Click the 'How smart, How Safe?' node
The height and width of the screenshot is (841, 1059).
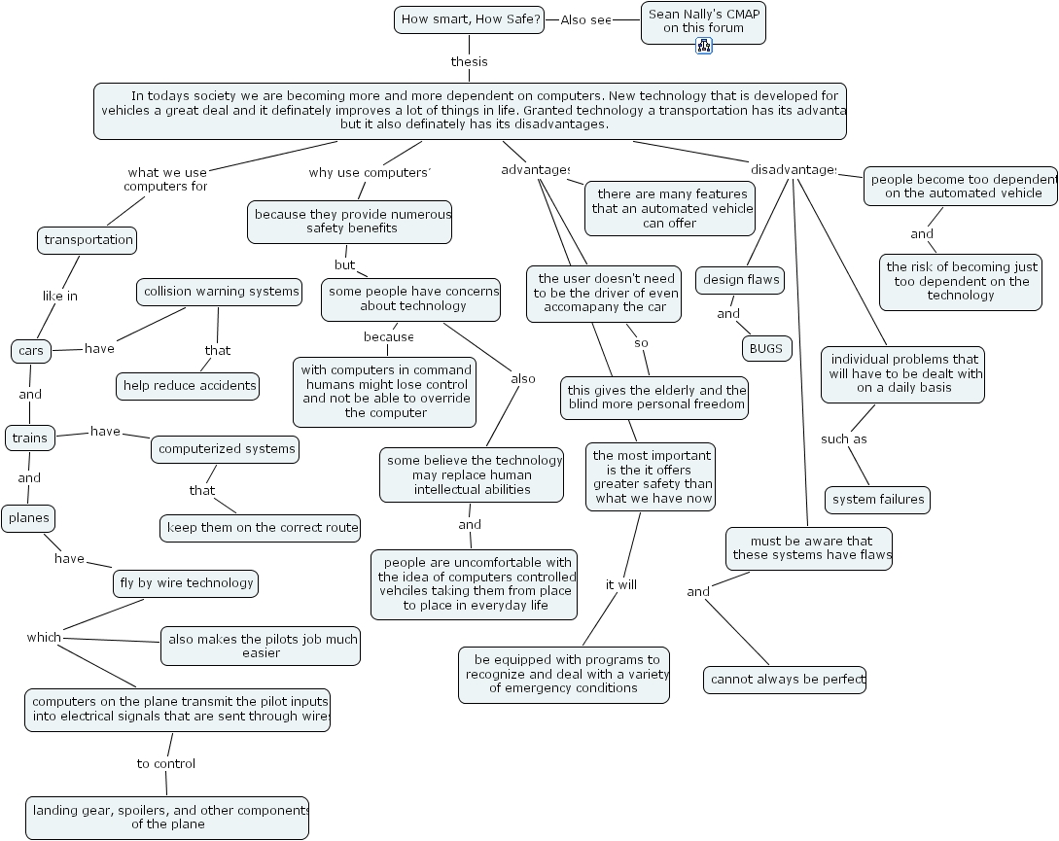pyautogui.click(x=472, y=19)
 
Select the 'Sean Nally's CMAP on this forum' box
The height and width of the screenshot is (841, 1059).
pyautogui.click(x=703, y=21)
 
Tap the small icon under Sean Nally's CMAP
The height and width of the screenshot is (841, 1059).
pyautogui.click(x=704, y=46)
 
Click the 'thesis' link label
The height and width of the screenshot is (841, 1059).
pyautogui.click(x=469, y=61)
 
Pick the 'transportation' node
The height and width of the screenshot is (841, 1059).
pyautogui.click(x=88, y=240)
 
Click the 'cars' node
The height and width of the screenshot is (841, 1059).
pyautogui.click(x=31, y=350)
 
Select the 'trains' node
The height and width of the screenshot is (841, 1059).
pyautogui.click(x=29, y=438)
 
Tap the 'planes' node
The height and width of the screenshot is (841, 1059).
pyautogui.click(x=28, y=518)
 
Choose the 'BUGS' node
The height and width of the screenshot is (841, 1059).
pyautogui.click(x=766, y=348)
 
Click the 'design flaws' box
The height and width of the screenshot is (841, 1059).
pyautogui.click(x=741, y=280)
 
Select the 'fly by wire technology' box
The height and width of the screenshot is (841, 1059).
pyautogui.click(x=186, y=583)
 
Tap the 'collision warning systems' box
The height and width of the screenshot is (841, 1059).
pyautogui.click(x=219, y=292)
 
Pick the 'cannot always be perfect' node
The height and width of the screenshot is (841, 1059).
pyautogui.click(x=785, y=680)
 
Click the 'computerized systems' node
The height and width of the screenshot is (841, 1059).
pyautogui.click(x=226, y=449)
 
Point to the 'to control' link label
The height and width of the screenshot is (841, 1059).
pyautogui.click(x=165, y=763)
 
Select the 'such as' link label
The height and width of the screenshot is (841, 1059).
pyautogui.click(x=843, y=438)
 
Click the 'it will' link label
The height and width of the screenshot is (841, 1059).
pyautogui.click(x=620, y=584)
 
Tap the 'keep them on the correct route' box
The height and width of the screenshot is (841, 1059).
pyautogui.click(x=261, y=528)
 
